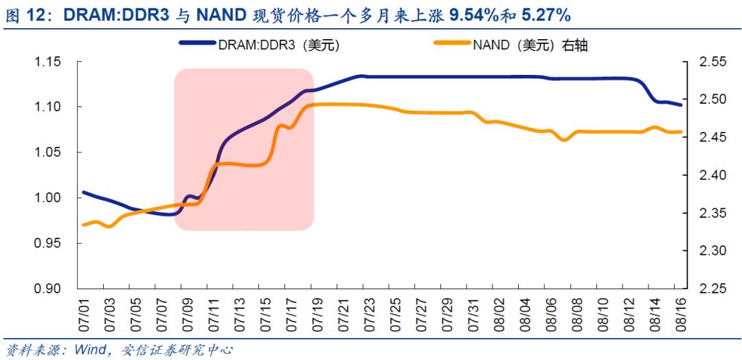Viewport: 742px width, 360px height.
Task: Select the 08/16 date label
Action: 680,313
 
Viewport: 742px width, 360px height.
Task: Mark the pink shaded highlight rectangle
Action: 244,149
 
